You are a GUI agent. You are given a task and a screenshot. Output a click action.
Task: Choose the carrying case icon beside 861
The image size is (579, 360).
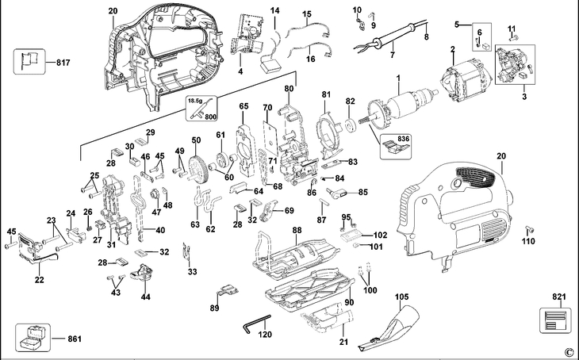point(31,339)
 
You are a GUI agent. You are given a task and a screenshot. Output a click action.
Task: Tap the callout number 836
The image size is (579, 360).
point(405,141)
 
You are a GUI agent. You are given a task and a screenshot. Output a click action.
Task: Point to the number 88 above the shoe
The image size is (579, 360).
point(297,229)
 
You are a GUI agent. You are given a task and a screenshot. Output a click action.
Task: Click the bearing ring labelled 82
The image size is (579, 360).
point(350,126)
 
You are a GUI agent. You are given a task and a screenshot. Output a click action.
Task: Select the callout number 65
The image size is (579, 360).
point(243,105)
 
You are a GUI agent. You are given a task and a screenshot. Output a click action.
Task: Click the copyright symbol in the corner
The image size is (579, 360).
point(568,352)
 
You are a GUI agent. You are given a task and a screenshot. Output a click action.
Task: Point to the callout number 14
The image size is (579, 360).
point(275,10)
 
